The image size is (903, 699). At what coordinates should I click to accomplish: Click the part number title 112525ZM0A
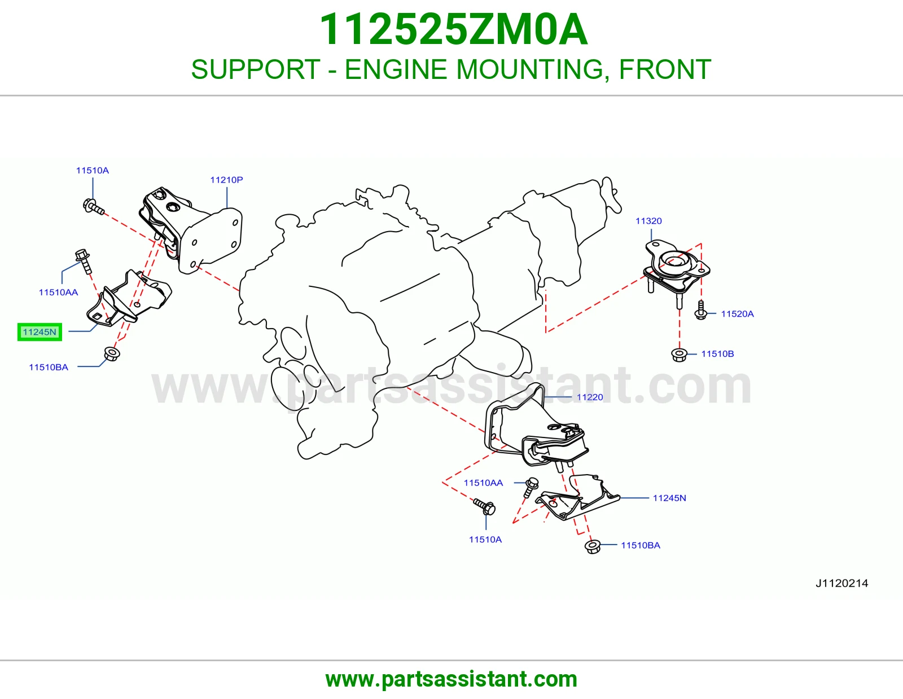coord(453,30)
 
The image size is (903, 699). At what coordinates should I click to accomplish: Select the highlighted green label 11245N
coord(40,332)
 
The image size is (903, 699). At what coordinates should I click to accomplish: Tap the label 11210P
coord(226,180)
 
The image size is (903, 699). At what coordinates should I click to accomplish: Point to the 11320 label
coord(648,221)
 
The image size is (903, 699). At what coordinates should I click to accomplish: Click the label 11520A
coord(737,314)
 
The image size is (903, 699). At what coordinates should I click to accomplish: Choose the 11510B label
coord(717,353)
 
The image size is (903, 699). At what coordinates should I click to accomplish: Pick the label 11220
coord(590,397)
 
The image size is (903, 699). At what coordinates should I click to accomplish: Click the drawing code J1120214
coord(842,583)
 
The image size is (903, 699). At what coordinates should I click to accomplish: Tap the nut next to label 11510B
coord(678,355)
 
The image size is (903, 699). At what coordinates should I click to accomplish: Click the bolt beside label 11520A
coord(700,310)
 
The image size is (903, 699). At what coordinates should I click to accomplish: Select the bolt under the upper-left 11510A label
coord(94,207)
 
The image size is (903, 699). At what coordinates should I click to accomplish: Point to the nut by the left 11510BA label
coord(112,354)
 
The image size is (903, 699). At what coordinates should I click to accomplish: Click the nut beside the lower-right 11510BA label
coord(592,546)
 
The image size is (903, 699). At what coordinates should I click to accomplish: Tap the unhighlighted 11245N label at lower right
coord(669,498)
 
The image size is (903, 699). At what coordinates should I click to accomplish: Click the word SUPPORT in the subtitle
coord(256,69)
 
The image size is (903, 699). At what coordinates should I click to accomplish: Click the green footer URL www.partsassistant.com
coord(451,679)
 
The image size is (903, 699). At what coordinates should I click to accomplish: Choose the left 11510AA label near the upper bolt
coord(58,292)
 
